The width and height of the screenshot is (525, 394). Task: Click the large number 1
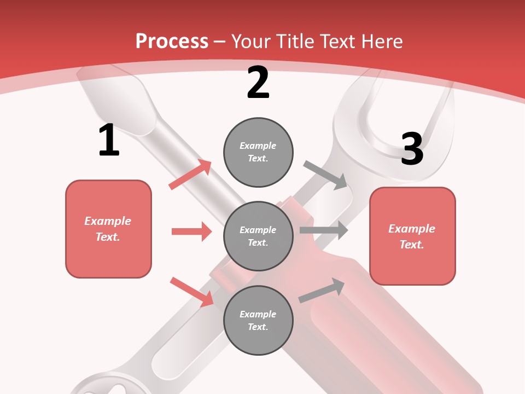click(109, 140)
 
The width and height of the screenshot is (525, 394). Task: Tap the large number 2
click(258, 83)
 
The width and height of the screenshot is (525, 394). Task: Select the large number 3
click(412, 149)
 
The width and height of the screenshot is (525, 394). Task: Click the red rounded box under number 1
click(108, 229)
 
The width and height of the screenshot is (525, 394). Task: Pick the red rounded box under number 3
click(412, 236)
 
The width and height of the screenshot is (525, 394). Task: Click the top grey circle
click(258, 152)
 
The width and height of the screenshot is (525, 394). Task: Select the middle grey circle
click(258, 236)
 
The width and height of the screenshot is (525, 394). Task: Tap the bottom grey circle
click(258, 320)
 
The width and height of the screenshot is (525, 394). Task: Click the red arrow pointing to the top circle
click(190, 175)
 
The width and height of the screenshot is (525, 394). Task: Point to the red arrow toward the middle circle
click(191, 231)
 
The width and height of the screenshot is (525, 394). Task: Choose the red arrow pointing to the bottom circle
click(191, 291)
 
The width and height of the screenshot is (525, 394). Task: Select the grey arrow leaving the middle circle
click(324, 230)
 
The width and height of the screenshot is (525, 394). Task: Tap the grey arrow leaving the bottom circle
click(322, 290)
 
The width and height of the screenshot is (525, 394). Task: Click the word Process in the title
click(172, 41)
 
